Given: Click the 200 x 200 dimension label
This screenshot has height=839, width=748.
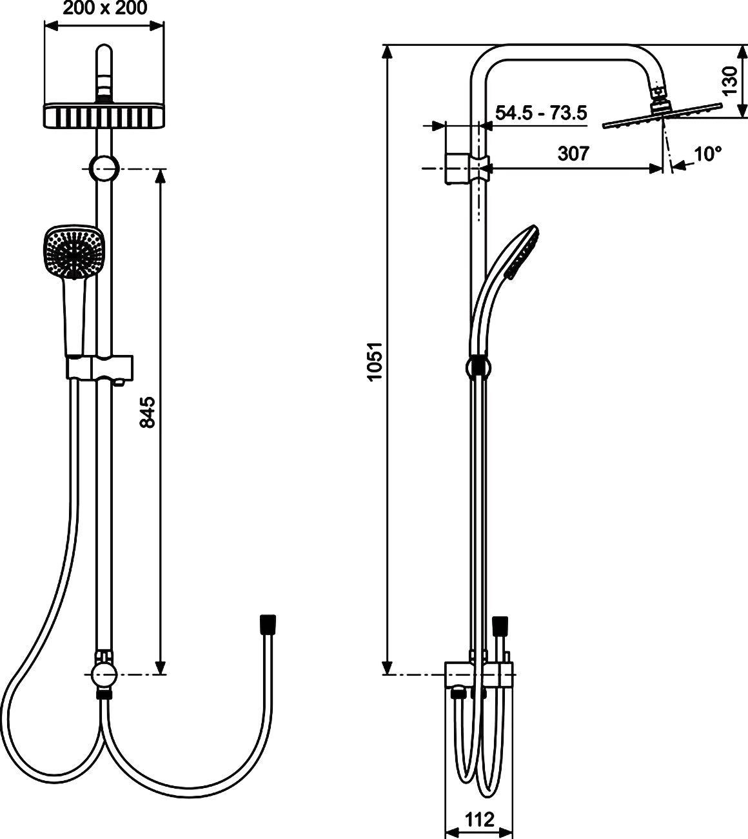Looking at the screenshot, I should pyautogui.click(x=104, y=8).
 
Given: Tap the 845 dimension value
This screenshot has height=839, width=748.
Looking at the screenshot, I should pyautogui.click(x=148, y=412).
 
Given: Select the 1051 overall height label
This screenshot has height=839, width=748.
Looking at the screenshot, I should pyautogui.click(x=375, y=361).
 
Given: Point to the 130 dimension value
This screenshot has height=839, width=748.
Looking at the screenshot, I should pyautogui.click(x=729, y=80).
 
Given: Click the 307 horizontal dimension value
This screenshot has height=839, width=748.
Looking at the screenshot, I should pyautogui.click(x=573, y=154).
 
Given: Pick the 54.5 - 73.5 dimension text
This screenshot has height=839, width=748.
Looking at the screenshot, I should pyautogui.click(x=540, y=113).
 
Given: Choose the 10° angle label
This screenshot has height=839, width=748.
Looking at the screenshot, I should pyautogui.click(x=707, y=154).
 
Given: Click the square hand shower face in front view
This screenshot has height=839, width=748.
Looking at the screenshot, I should pyautogui.click(x=72, y=252).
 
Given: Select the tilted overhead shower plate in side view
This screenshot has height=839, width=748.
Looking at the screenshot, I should pyautogui.click(x=662, y=115).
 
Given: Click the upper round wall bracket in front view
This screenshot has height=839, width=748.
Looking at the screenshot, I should pyautogui.click(x=103, y=168).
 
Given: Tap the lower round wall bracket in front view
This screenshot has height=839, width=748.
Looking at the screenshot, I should pyautogui.click(x=103, y=675).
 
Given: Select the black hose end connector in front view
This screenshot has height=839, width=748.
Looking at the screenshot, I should pyautogui.click(x=268, y=623).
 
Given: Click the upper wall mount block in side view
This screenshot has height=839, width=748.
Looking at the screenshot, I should pyautogui.click(x=458, y=168).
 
